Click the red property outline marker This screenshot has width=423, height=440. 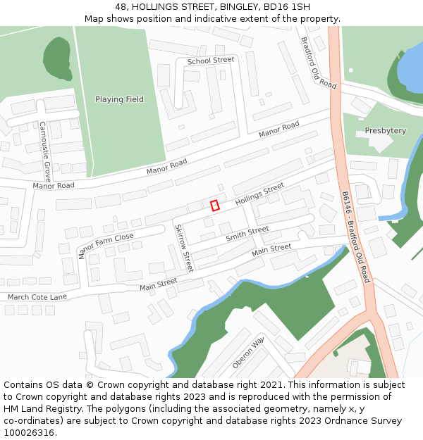pyautogui.click(x=215, y=206)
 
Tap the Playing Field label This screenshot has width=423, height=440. pyautogui.click(x=119, y=99)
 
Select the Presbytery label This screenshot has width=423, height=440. pyautogui.click(x=385, y=131)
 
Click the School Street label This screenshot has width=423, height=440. pyautogui.click(x=210, y=61)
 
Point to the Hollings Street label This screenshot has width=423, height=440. pyautogui.click(x=259, y=194)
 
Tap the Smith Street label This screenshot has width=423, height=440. pyautogui.click(x=247, y=234)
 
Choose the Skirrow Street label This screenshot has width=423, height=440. pyautogui.click(x=183, y=248)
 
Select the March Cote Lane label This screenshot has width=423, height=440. pyautogui.click(x=37, y=297)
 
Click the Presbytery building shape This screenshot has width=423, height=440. pyautogui.click(x=381, y=143)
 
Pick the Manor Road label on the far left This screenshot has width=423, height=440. pyautogui.click(x=53, y=186)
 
